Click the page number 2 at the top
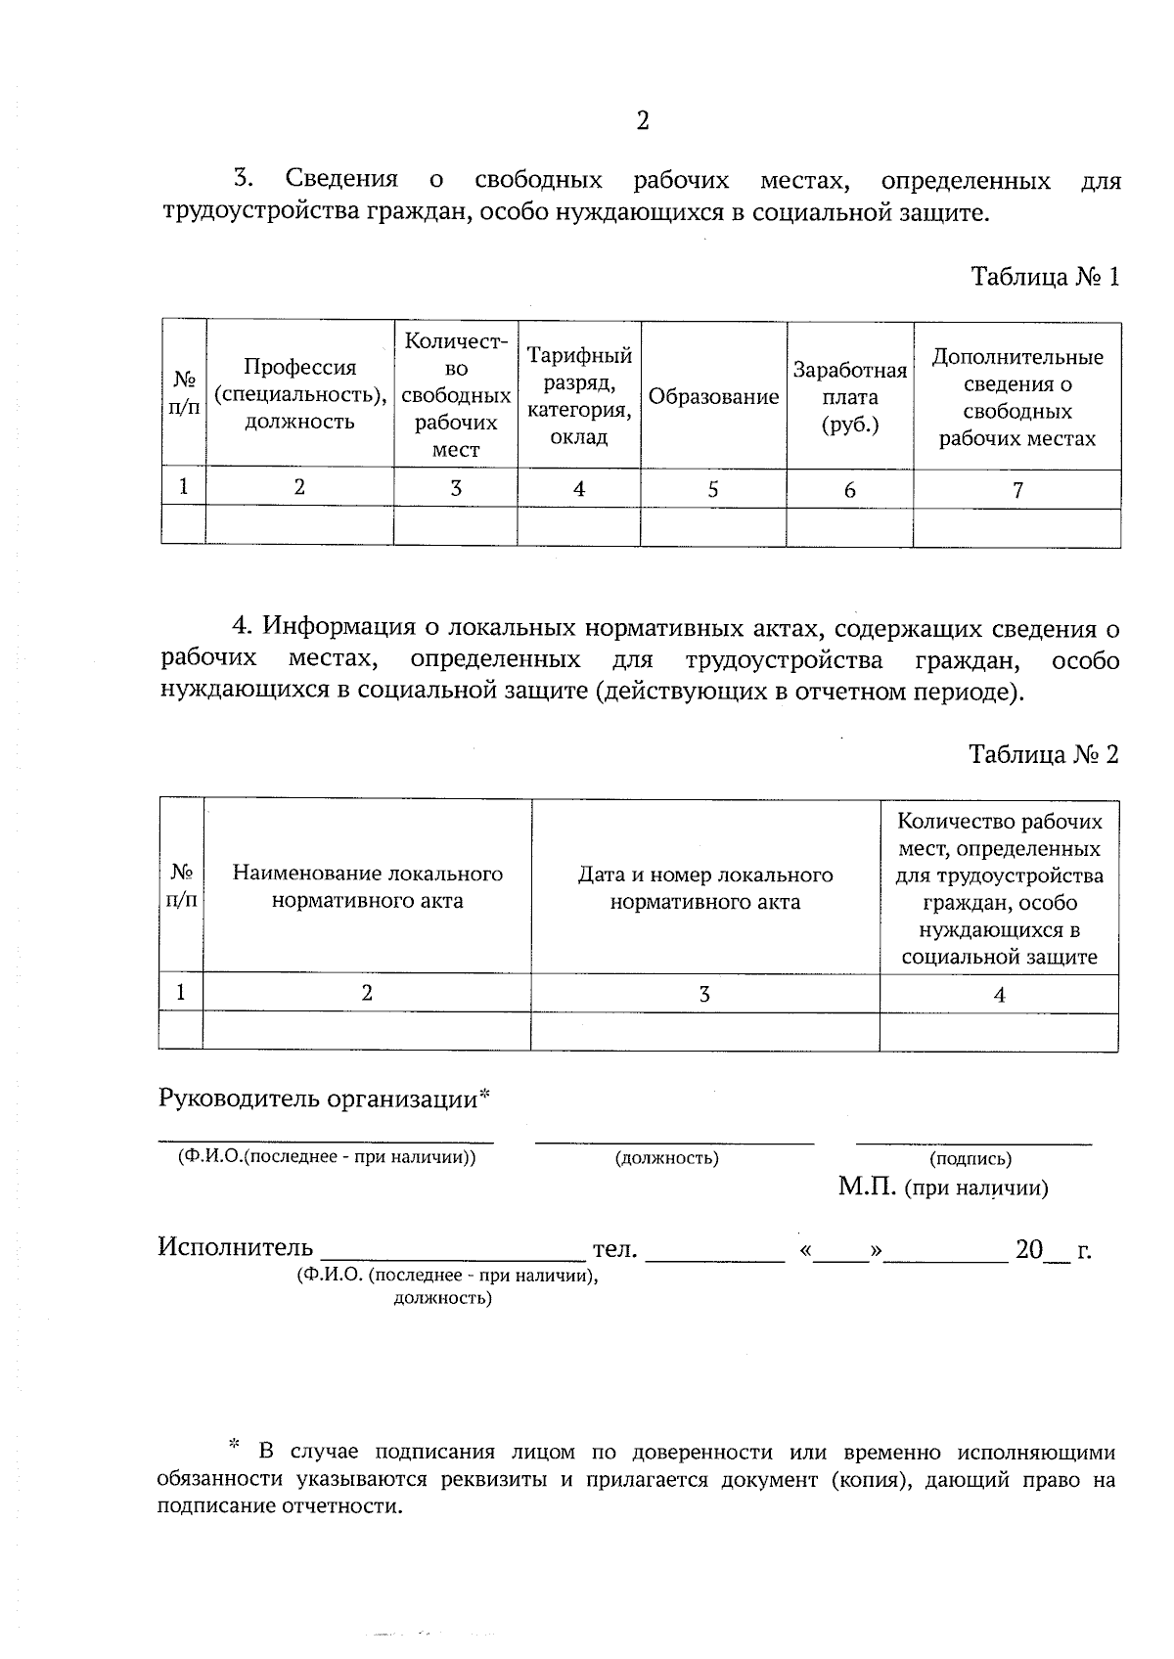[642, 121]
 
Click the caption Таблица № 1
[1044, 277]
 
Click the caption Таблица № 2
[1043, 754]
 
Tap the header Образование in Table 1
[713, 397]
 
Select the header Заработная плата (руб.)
[849, 397]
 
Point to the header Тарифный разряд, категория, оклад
[579, 396]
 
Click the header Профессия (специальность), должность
[299, 394]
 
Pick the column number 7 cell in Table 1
[1017, 489]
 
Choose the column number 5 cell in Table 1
[713, 489]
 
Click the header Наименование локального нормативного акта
[367, 887]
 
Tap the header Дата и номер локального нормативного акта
[704, 887]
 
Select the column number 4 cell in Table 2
[999, 995]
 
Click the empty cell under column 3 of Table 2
[704, 1032]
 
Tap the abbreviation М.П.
[867, 1188]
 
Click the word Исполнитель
[236, 1247]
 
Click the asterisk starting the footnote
[233, 1444]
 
